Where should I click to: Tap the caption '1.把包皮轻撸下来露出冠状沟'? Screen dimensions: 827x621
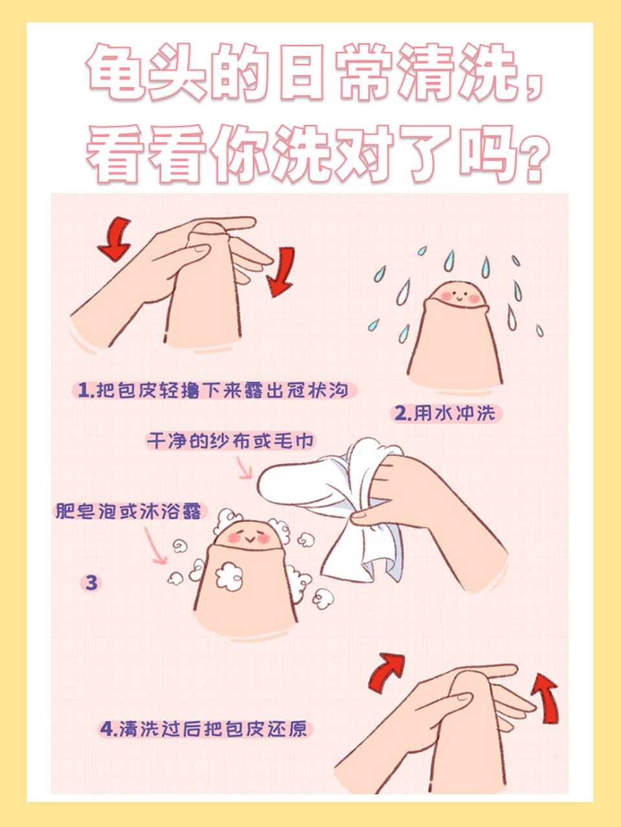(213, 390)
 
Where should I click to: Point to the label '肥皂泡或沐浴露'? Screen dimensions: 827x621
(128, 511)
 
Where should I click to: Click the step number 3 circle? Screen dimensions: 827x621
(91, 582)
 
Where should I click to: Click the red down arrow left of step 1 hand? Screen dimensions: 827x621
(115, 238)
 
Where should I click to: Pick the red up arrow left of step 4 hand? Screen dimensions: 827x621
(386, 672)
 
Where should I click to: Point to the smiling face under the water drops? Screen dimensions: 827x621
(459, 297)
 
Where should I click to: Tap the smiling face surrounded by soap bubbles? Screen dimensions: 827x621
(249, 537)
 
